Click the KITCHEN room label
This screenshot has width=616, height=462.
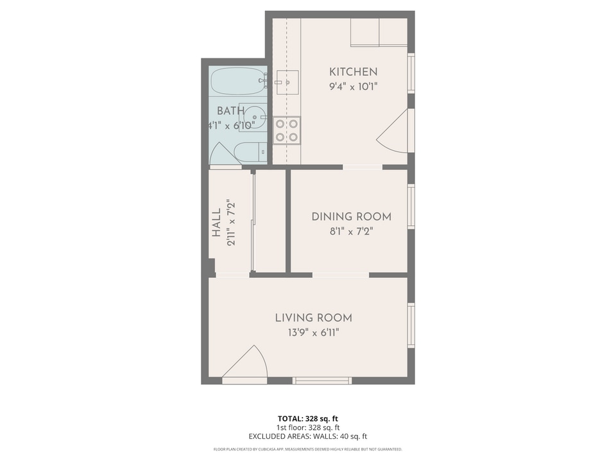pyautogui.click(x=353, y=72)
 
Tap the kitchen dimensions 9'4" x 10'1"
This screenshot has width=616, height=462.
pyautogui.click(x=353, y=87)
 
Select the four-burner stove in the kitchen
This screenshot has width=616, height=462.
pyautogui.click(x=287, y=130)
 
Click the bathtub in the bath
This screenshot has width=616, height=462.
pyautogui.click(x=237, y=81)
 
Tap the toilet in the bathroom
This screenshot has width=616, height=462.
pyautogui.click(x=249, y=153)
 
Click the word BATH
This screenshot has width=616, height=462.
pyautogui.click(x=230, y=111)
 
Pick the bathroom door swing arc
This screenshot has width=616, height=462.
pyautogui.click(x=221, y=153)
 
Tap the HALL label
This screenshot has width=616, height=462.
pyautogui.click(x=216, y=222)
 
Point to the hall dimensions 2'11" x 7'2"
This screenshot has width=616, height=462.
pyautogui.click(x=232, y=222)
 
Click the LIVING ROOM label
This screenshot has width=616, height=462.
pyautogui.click(x=313, y=318)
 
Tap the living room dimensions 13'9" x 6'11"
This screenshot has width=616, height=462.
pyautogui.click(x=313, y=332)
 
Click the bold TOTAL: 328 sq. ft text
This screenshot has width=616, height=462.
pyautogui.click(x=308, y=417)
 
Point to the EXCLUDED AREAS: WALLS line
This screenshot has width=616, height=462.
pyautogui.click(x=308, y=436)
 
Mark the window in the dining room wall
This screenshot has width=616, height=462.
pyautogui.click(x=411, y=207)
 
